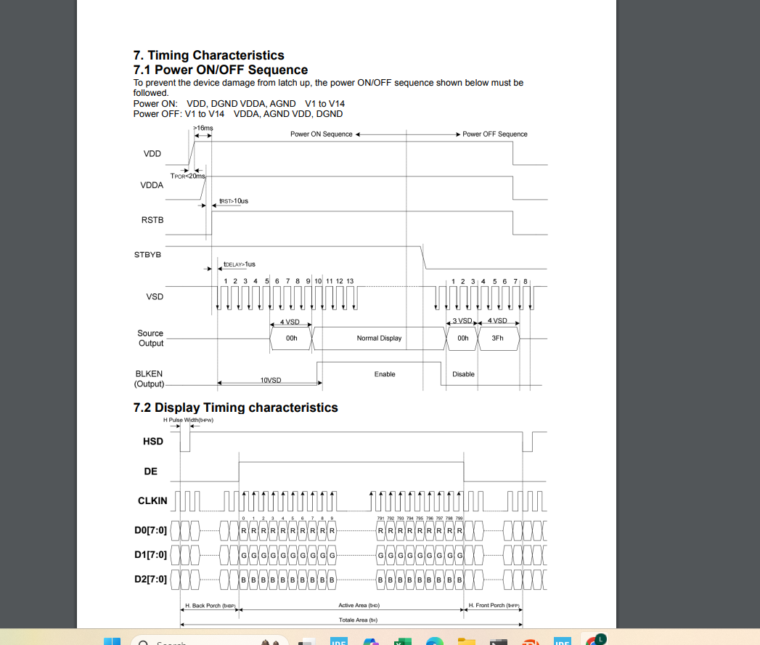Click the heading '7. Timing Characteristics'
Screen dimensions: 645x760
208,55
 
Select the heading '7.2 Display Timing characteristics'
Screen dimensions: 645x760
235,407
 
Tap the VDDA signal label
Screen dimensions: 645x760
152,185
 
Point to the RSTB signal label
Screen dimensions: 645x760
152,221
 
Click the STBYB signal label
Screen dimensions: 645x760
147,255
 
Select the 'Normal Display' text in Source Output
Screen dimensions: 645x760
379,338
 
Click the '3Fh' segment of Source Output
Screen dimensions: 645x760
497,338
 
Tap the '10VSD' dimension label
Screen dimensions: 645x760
271,381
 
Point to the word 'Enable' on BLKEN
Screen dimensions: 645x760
385,374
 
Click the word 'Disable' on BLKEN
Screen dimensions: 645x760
463,374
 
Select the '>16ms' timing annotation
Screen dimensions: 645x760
203,128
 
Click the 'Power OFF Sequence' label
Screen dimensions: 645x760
495,134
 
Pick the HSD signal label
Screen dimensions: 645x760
153,442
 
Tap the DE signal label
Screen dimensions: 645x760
150,472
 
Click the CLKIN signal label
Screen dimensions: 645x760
152,501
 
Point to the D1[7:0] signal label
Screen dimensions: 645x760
151,556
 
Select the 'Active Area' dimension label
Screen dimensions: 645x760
359,605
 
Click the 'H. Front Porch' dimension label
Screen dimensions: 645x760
494,605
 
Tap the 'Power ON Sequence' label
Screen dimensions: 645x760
321,134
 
